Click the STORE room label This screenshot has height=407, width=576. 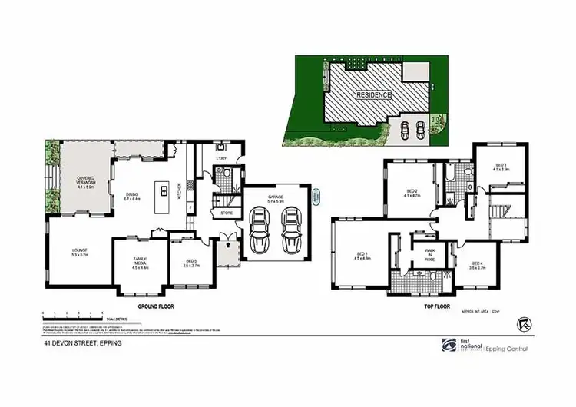tap(227, 213)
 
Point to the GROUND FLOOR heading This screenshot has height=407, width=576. tap(155, 306)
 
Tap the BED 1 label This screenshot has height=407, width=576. tap(362, 257)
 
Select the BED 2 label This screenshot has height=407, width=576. tap(412, 193)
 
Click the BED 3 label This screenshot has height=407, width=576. tap(501, 167)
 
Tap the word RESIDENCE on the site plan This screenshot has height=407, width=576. tap(373, 95)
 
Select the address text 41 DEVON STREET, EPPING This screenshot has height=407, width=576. tap(83, 343)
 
